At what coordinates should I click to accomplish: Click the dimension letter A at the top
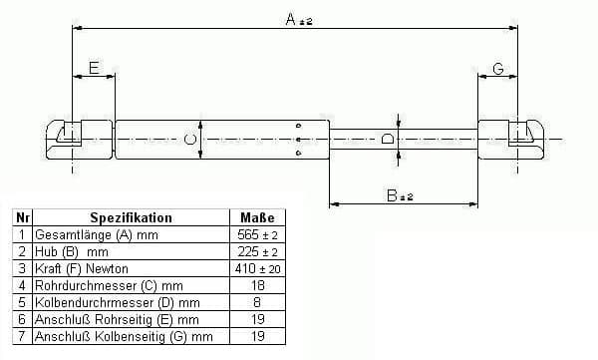point(291,19)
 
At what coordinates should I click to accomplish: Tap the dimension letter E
point(94,68)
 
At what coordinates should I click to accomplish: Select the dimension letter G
point(498,69)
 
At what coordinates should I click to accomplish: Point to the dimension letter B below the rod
point(392,195)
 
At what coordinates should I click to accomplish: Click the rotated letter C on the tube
point(190,139)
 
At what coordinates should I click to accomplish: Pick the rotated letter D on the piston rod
point(388,139)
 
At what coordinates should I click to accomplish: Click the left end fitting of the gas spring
point(80,140)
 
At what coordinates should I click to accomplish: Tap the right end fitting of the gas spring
point(511,139)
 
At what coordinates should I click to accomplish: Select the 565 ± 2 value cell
point(257,234)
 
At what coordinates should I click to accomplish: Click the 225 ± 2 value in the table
point(257,252)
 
